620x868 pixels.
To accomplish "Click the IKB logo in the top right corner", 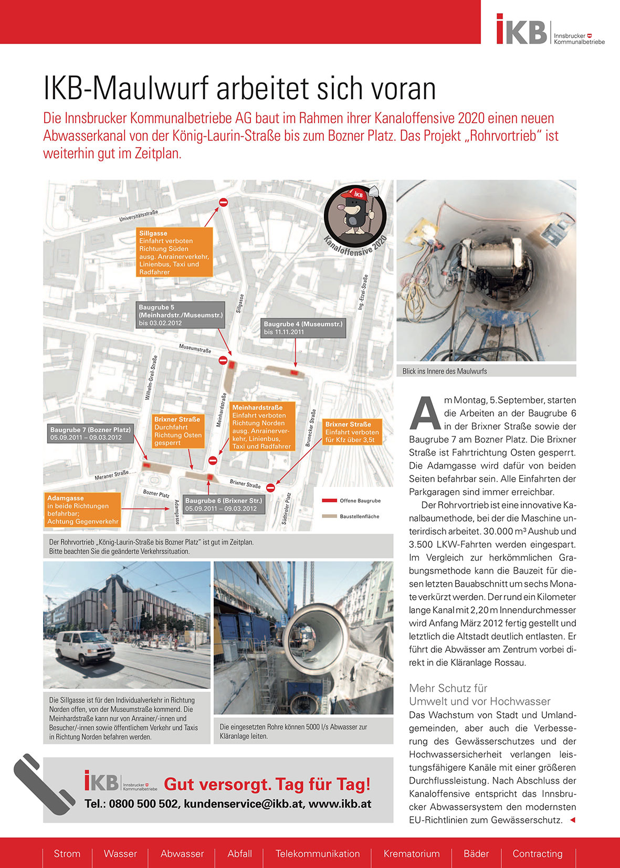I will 550,30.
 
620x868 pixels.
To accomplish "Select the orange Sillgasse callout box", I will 175,252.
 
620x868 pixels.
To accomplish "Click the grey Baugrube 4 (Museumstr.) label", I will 303,328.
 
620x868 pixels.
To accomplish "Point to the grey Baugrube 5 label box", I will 180,315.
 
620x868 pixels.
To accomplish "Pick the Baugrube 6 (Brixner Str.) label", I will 223,504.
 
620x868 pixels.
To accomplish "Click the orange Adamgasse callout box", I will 83,510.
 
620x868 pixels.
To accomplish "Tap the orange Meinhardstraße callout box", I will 262,427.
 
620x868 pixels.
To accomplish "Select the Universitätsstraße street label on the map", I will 139,215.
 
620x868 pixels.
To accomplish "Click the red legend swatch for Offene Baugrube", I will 329,501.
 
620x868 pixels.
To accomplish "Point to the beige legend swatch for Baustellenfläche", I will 329,516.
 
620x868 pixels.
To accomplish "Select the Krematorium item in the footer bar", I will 412,854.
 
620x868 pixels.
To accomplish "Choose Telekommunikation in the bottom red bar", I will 318,854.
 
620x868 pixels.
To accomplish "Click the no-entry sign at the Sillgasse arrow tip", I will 223,202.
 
